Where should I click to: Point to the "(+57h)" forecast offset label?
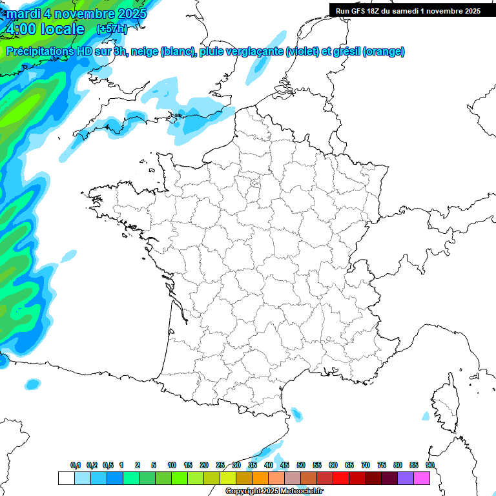[x=111, y=29]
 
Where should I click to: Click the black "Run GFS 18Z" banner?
[x=408, y=10]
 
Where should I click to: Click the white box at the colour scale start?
[x=66, y=478]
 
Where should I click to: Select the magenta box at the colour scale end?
[x=422, y=478]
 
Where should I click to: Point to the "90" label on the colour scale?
[x=429, y=465]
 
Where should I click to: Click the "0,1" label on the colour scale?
[x=76, y=465]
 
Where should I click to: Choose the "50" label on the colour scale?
[x=301, y=465]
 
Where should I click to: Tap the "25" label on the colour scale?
[x=220, y=465]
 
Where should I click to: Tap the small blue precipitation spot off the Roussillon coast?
[x=297, y=413]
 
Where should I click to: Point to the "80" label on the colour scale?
[x=397, y=465]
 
